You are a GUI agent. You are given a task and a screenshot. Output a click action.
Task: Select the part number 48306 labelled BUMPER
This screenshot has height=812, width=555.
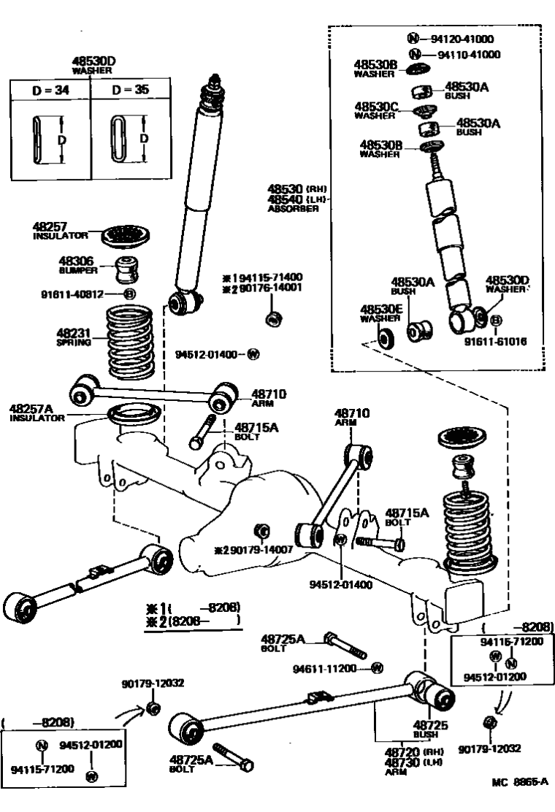tap(76, 260)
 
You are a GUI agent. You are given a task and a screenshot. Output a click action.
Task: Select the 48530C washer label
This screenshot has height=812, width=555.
tap(376, 107)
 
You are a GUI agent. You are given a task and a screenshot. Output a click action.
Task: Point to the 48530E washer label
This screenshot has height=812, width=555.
tap(380, 310)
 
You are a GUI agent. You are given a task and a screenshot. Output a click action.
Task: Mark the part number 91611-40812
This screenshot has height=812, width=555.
tap(82, 294)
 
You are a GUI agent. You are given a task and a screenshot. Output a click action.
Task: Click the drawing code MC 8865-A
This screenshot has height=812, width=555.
tap(519, 781)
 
